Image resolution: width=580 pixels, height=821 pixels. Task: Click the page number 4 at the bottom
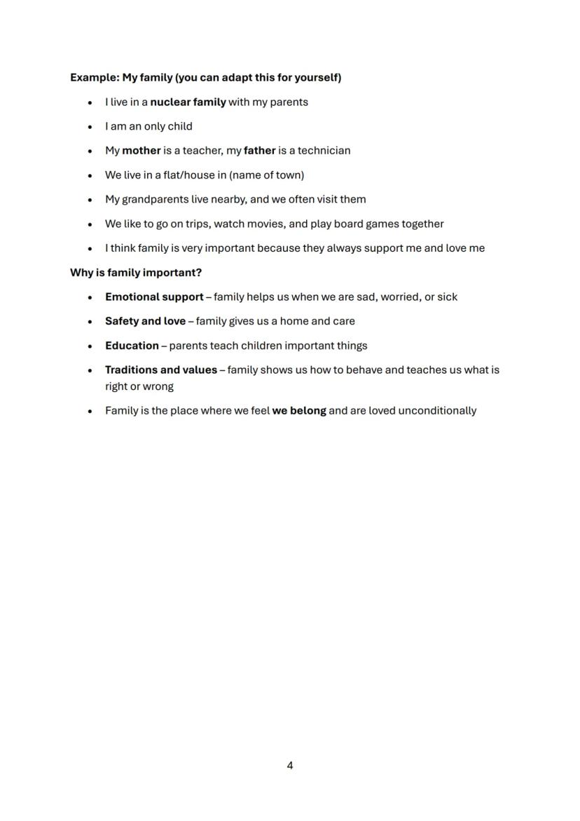tap(290, 765)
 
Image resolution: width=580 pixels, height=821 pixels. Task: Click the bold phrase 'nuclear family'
tap(188, 102)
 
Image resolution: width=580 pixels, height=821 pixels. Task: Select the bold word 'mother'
tap(141, 150)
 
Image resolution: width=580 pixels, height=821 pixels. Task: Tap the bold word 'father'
tap(259, 150)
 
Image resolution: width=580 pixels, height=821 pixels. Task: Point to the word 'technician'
tap(324, 150)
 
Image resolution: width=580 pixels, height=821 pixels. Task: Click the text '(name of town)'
tap(266, 175)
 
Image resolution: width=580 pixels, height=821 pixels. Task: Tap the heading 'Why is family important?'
tap(135, 272)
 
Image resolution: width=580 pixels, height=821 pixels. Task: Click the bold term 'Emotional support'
tap(154, 297)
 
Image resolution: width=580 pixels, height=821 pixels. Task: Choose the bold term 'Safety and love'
tap(145, 321)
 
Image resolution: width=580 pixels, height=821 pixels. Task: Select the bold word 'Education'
tap(132, 346)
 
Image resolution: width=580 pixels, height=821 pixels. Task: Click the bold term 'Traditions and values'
tap(161, 369)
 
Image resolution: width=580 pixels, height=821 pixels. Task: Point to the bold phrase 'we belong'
tap(299, 410)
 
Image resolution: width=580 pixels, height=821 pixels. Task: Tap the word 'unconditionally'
tap(437, 410)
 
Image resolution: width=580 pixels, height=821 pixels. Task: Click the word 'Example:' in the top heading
tap(95, 77)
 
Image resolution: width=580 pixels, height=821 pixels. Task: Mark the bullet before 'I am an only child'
tap(90, 127)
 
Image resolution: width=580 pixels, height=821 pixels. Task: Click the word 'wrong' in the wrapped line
tap(158, 386)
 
